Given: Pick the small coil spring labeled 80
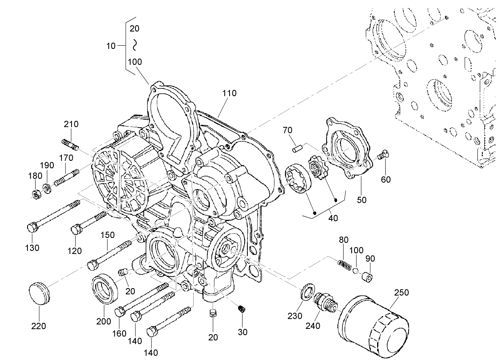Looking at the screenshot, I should click(x=344, y=265).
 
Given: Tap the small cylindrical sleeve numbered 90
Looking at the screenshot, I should click(x=367, y=277).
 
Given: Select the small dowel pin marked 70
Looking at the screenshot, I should click(x=298, y=148).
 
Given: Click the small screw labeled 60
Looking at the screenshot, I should click(x=383, y=154).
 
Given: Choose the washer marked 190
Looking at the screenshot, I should click(x=47, y=188).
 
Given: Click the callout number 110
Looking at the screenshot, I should click(x=229, y=93).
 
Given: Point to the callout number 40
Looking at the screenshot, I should click(x=333, y=218).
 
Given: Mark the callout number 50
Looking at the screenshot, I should click(x=362, y=200).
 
